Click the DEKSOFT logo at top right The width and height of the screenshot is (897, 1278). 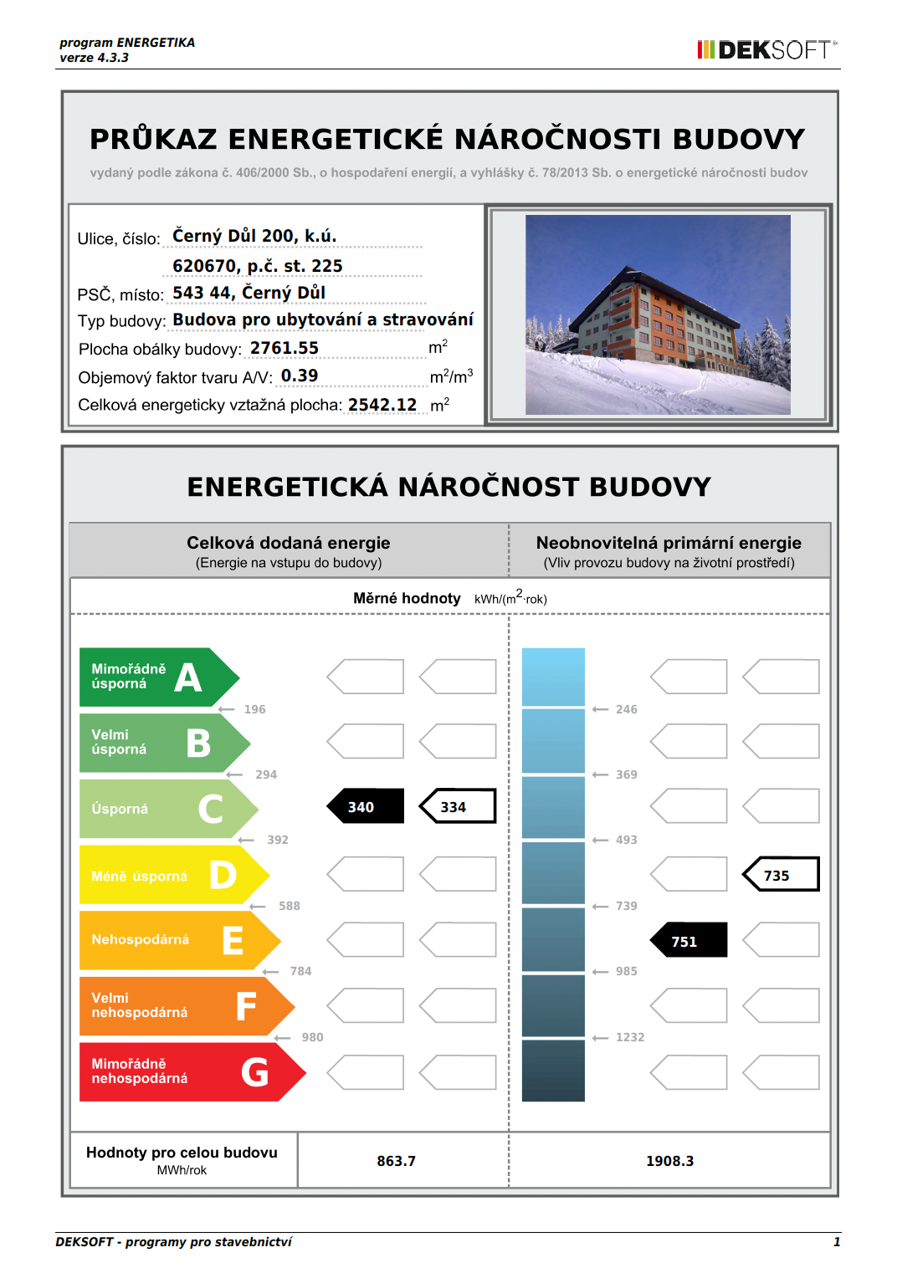click(766, 49)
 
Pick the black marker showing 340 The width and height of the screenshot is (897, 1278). click(365, 806)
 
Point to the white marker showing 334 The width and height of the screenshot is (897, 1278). click(457, 806)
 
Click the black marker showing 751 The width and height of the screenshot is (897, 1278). click(689, 940)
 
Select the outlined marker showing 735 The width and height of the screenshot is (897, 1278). click(781, 875)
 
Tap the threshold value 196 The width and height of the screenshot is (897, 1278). click(254, 709)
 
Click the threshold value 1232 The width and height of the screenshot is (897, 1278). click(630, 1037)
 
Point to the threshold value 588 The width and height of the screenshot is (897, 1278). click(289, 906)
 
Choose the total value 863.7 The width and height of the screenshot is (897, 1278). click(396, 1161)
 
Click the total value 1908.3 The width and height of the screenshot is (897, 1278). click(669, 1161)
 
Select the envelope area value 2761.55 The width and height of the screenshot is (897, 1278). click(284, 348)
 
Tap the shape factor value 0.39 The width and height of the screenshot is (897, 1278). click(300, 376)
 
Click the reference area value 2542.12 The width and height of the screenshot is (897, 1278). click(382, 405)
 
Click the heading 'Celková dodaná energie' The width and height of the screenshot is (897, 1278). click(289, 543)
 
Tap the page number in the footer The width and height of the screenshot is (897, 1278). click(836, 1242)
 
